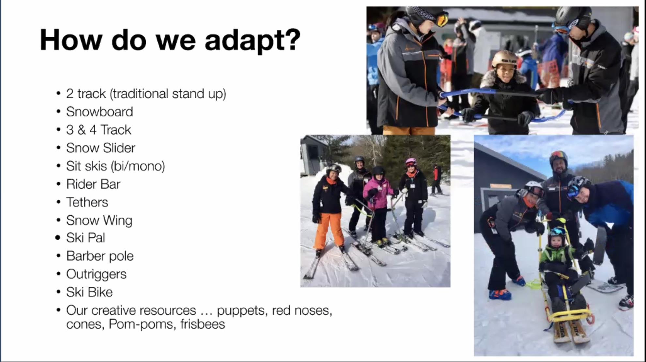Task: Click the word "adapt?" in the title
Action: (252, 40)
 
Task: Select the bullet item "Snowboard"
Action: (100, 112)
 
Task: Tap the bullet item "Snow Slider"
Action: (100, 148)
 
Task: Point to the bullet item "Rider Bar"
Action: (93, 184)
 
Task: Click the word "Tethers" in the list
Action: (87, 202)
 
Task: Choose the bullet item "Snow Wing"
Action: (99, 221)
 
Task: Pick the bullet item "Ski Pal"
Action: (85, 238)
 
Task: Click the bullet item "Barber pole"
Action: (100, 256)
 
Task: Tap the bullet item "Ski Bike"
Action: (89, 292)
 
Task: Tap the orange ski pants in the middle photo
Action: (329, 230)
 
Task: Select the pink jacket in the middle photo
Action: (378, 193)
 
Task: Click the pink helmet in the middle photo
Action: (411, 162)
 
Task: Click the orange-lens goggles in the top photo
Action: (442, 20)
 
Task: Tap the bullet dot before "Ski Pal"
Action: (58, 238)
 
